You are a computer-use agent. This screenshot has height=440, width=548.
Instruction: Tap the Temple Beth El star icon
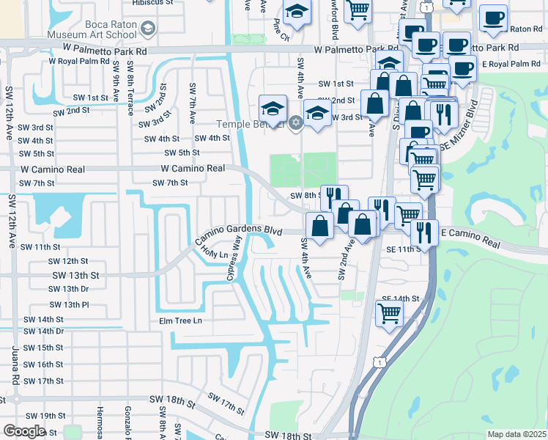(295, 122)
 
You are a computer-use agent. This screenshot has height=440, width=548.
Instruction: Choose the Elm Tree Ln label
(175, 320)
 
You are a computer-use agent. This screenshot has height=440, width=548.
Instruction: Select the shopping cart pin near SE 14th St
(389, 313)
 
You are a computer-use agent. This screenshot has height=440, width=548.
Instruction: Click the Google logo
(24, 430)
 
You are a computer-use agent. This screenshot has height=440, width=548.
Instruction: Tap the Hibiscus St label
(152, 3)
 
